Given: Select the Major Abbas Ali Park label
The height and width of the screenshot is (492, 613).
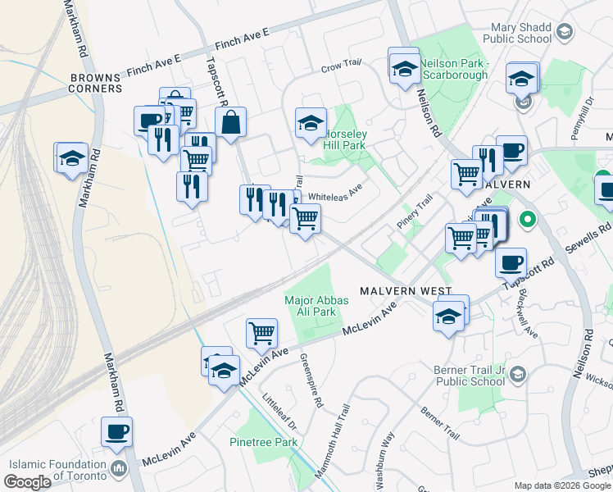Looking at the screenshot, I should pyautogui.click(x=316, y=306).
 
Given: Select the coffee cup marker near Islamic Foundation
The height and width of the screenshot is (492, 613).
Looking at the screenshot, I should pyautogui.click(x=116, y=431).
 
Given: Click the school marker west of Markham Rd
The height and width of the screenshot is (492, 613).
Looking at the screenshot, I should pyautogui.click(x=71, y=157).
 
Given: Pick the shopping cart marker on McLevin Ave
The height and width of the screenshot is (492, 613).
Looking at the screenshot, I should pyautogui.click(x=261, y=333).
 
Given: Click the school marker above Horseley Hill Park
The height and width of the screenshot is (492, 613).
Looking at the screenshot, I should pyautogui.click(x=311, y=123).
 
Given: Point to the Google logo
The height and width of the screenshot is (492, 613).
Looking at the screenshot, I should pyautogui.click(x=29, y=482).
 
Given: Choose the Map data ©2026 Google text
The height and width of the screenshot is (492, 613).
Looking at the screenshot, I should pyautogui.click(x=561, y=485).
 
